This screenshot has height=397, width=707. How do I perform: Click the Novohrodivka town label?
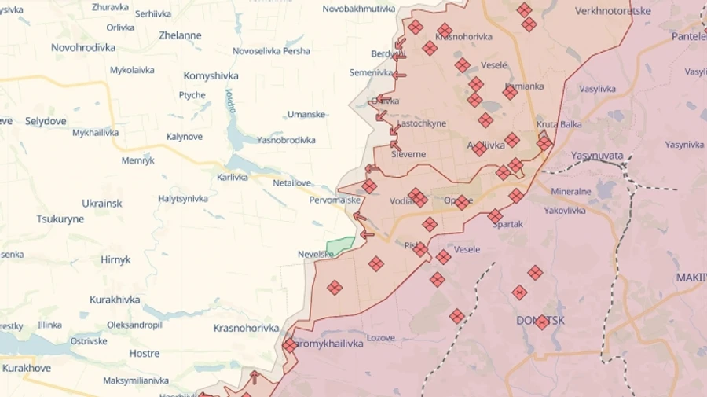pyautogui.click(x=83, y=47)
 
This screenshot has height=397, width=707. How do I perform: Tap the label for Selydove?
pyautogui.click(x=46, y=121)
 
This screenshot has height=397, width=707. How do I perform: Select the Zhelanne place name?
pyautogui.click(x=180, y=35)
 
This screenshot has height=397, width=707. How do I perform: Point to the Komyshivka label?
pyautogui.click(x=211, y=76)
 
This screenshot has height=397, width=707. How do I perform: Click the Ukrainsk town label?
pyautogui.click(x=102, y=204)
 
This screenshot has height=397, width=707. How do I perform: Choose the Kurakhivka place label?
pyautogui.click(x=115, y=300)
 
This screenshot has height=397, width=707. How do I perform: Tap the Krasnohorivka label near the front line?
pyautogui.click(x=246, y=328)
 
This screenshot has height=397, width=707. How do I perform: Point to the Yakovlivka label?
pyautogui.click(x=565, y=211)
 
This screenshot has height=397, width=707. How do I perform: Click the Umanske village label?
pyautogui.click(x=306, y=114)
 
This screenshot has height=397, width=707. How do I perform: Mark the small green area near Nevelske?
pyautogui.click(x=340, y=246)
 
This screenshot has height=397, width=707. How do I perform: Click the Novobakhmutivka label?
pyautogui.click(x=359, y=8)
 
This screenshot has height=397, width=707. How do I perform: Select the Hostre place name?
pyautogui.click(x=145, y=354)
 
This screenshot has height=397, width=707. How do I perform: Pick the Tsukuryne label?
pyautogui.click(x=60, y=219)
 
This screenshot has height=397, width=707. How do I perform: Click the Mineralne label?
pyautogui.click(x=571, y=191)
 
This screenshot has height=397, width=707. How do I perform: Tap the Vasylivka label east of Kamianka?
pyautogui.click(x=598, y=89)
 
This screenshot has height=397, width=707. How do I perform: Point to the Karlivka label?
pyautogui.click(x=233, y=177)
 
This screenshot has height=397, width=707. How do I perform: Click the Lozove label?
pyautogui.click(x=381, y=337)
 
